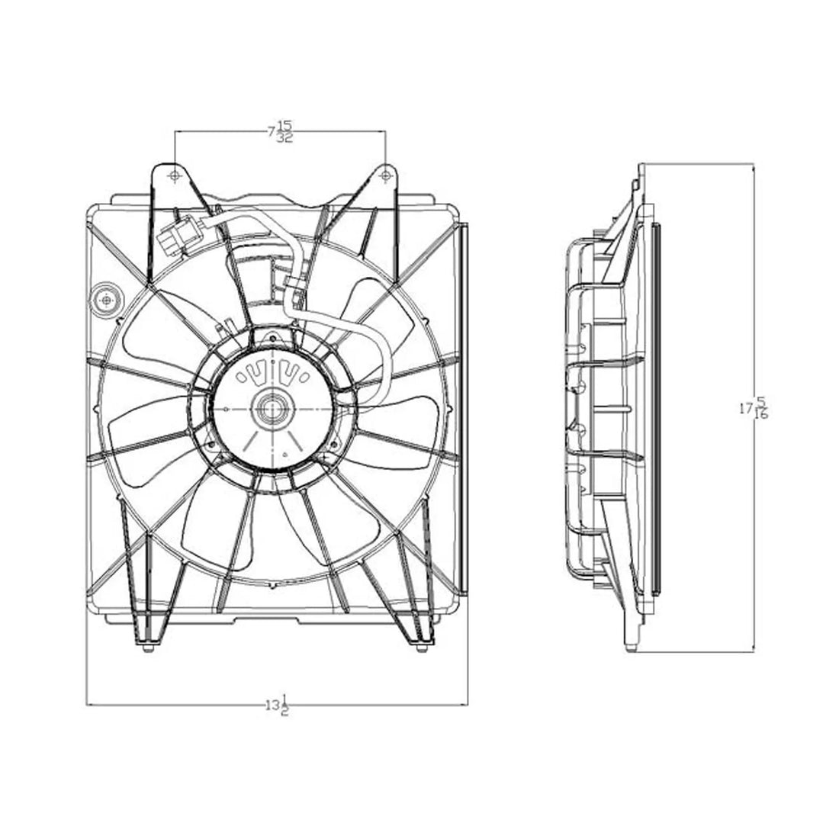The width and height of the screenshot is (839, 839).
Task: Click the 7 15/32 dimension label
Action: (x=281, y=132)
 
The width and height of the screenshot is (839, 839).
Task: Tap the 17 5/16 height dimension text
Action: (x=754, y=408)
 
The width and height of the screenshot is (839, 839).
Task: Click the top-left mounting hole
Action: (x=175, y=176)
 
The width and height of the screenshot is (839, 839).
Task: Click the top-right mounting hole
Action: (x=386, y=176)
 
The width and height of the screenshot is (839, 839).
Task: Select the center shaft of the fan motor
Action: (x=271, y=409)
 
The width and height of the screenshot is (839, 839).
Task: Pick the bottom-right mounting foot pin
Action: (x=422, y=649)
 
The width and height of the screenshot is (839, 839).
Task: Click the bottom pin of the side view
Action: (x=629, y=649)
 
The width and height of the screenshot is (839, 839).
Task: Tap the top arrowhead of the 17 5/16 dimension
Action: (x=754, y=166)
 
